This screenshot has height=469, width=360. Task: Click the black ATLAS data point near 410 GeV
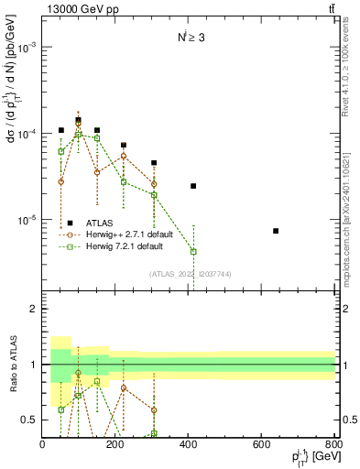[x=193, y=186]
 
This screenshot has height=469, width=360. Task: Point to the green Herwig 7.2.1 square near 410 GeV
[x=193, y=251]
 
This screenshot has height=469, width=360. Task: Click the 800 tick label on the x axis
[x=333, y=446]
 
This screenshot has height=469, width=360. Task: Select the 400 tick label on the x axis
[x=189, y=446]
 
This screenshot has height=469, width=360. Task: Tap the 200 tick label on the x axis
[x=115, y=446]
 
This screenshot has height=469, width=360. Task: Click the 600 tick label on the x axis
[x=261, y=446]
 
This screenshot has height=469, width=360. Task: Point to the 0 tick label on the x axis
[x=43, y=446]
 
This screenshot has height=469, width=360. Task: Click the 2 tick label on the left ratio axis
[x=33, y=310]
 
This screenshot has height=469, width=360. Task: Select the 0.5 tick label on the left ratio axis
[x=29, y=420]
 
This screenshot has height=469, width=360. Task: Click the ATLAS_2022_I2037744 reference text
[x=190, y=273]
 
